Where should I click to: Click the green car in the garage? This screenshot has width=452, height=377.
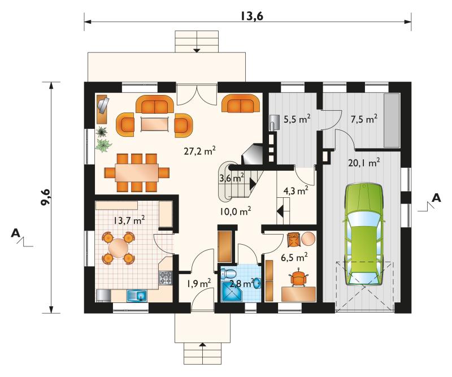(364, 235)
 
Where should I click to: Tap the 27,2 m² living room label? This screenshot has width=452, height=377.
(200, 151)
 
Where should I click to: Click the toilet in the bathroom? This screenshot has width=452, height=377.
(229, 273)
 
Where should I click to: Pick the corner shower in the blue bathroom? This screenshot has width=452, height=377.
(232, 291)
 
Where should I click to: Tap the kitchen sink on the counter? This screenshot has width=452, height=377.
(137, 296)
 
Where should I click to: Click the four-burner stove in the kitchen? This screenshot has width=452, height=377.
(166, 278)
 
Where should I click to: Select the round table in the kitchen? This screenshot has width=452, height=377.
(119, 248)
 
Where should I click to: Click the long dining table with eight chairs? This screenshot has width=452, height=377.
(137, 172)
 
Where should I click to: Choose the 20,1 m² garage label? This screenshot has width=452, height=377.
(364, 163)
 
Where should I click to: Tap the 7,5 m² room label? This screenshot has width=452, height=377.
(364, 119)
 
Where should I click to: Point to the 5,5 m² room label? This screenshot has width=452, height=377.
(297, 119)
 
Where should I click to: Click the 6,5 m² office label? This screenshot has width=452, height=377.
(294, 257)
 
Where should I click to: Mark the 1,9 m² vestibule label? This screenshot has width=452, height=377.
(199, 284)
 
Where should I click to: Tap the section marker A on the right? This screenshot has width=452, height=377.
(437, 198)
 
